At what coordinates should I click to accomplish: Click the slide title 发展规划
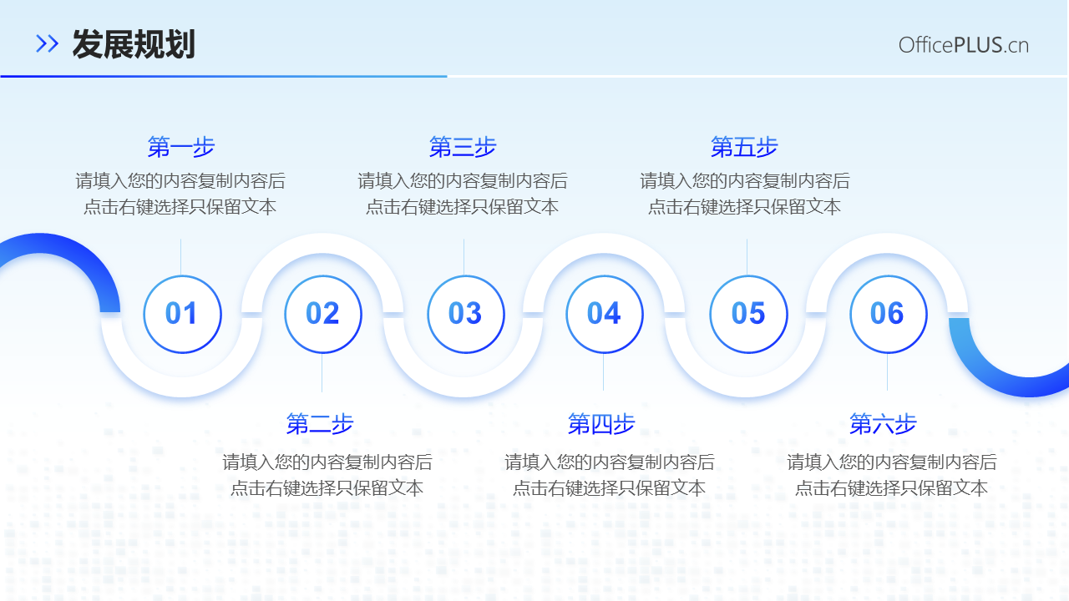click(134, 44)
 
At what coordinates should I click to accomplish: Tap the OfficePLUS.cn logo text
click(963, 45)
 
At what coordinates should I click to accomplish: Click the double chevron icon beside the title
click(48, 44)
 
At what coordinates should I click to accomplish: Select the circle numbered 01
click(182, 314)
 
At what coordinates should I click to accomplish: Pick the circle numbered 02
click(323, 314)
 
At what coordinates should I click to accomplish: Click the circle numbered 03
click(465, 314)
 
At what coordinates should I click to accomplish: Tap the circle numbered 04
click(605, 314)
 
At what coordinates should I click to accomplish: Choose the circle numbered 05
click(748, 314)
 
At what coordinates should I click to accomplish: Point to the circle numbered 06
click(888, 314)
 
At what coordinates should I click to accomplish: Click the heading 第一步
click(181, 148)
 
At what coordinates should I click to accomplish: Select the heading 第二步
click(320, 424)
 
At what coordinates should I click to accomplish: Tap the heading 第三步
click(463, 148)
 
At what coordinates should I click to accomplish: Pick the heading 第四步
click(601, 424)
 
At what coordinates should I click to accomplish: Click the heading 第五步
click(744, 148)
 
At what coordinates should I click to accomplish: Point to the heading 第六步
click(883, 424)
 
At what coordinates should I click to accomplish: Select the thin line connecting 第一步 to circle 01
click(181, 256)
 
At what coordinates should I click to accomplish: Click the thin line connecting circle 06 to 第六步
click(887, 372)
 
